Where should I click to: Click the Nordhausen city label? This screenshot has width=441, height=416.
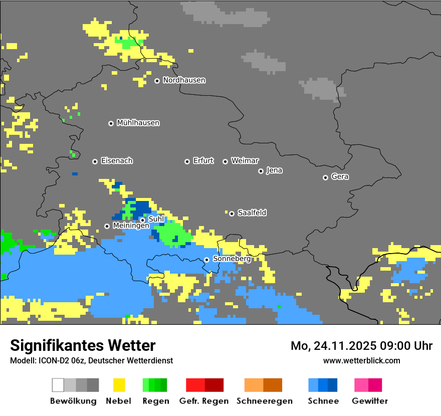[184, 80]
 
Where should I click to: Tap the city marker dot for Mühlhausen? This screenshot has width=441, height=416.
[111, 123]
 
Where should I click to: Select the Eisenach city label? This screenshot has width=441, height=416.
[117, 161]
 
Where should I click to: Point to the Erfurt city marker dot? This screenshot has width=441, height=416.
[187, 161]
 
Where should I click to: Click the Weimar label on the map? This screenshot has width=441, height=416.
[245, 161]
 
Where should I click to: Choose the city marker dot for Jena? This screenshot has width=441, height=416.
[261, 171]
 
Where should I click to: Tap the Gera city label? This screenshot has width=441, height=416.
[340, 177]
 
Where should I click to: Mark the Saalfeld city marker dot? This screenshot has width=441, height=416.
[232, 214]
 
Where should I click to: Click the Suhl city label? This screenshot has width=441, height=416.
[156, 219]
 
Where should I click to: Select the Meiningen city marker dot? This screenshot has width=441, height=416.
[107, 226]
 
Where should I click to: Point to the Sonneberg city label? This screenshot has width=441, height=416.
[232, 259]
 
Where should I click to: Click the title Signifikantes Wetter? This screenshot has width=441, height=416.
[83, 345]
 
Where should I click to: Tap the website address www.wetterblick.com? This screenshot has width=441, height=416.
[361, 360]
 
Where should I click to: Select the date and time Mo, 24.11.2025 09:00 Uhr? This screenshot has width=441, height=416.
[361, 346]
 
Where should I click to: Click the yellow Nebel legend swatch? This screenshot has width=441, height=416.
[119, 385]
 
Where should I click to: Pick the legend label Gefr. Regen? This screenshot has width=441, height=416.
[204, 401]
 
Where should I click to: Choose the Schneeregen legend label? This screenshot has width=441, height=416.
[265, 401]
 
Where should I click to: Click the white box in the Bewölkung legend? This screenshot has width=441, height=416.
[58, 385]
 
